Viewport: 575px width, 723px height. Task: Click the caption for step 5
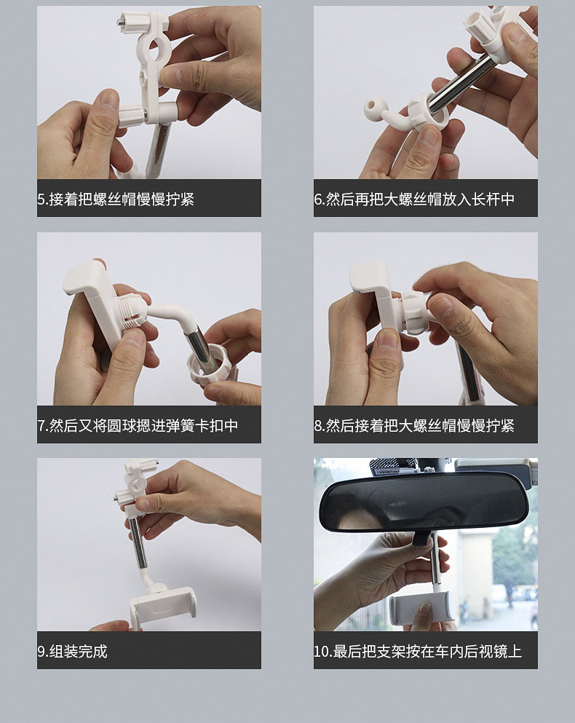pyautogui.click(x=116, y=199)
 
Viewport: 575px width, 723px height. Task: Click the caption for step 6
pyautogui.click(x=414, y=199)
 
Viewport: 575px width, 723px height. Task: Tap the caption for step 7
pyautogui.click(x=138, y=425)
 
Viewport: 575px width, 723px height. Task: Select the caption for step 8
pyautogui.click(x=414, y=425)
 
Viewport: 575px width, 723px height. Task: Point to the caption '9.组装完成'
pyautogui.click(x=72, y=651)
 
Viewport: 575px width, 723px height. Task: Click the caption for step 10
pyautogui.click(x=418, y=651)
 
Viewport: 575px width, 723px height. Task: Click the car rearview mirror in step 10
pyautogui.click(x=424, y=502)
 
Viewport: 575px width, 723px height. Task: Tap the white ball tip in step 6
pyautogui.click(x=372, y=108)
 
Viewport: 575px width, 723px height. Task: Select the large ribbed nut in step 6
pyautogui.click(x=429, y=112)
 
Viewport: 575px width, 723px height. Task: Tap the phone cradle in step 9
pyautogui.click(x=162, y=606)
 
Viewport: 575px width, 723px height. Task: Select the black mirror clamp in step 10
pyautogui.click(x=421, y=537)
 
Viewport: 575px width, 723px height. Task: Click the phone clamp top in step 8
pyautogui.click(x=368, y=276)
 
